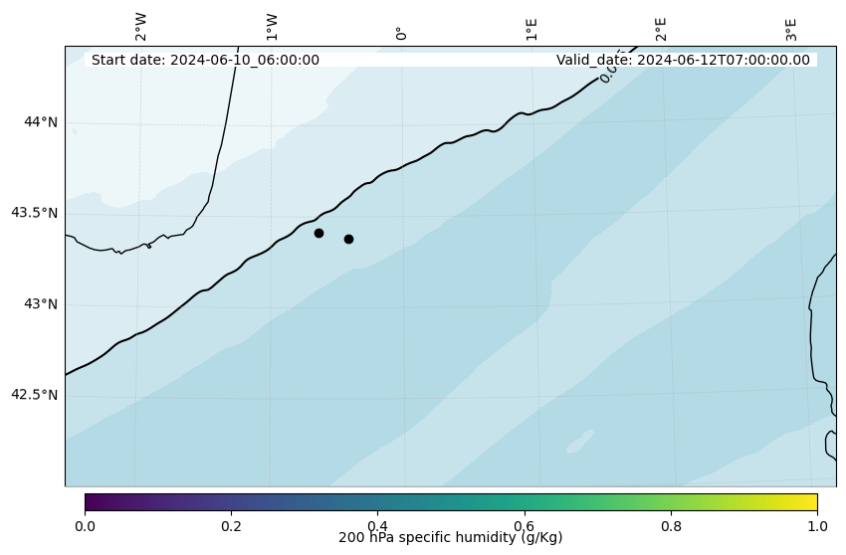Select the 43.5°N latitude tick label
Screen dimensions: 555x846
(x=34, y=213)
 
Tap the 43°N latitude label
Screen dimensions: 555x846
(x=40, y=304)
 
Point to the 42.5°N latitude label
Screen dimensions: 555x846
(x=34, y=395)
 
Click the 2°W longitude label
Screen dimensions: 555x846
(x=141, y=27)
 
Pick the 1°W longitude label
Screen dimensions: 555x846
(x=272, y=27)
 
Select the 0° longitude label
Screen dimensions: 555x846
(x=401, y=33)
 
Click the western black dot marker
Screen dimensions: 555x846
(x=318, y=233)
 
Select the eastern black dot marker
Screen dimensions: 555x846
(x=348, y=239)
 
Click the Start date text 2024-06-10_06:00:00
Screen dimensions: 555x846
(x=205, y=60)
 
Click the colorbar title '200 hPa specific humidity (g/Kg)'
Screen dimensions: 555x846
(x=451, y=538)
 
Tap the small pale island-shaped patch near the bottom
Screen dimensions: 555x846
(x=580, y=441)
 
